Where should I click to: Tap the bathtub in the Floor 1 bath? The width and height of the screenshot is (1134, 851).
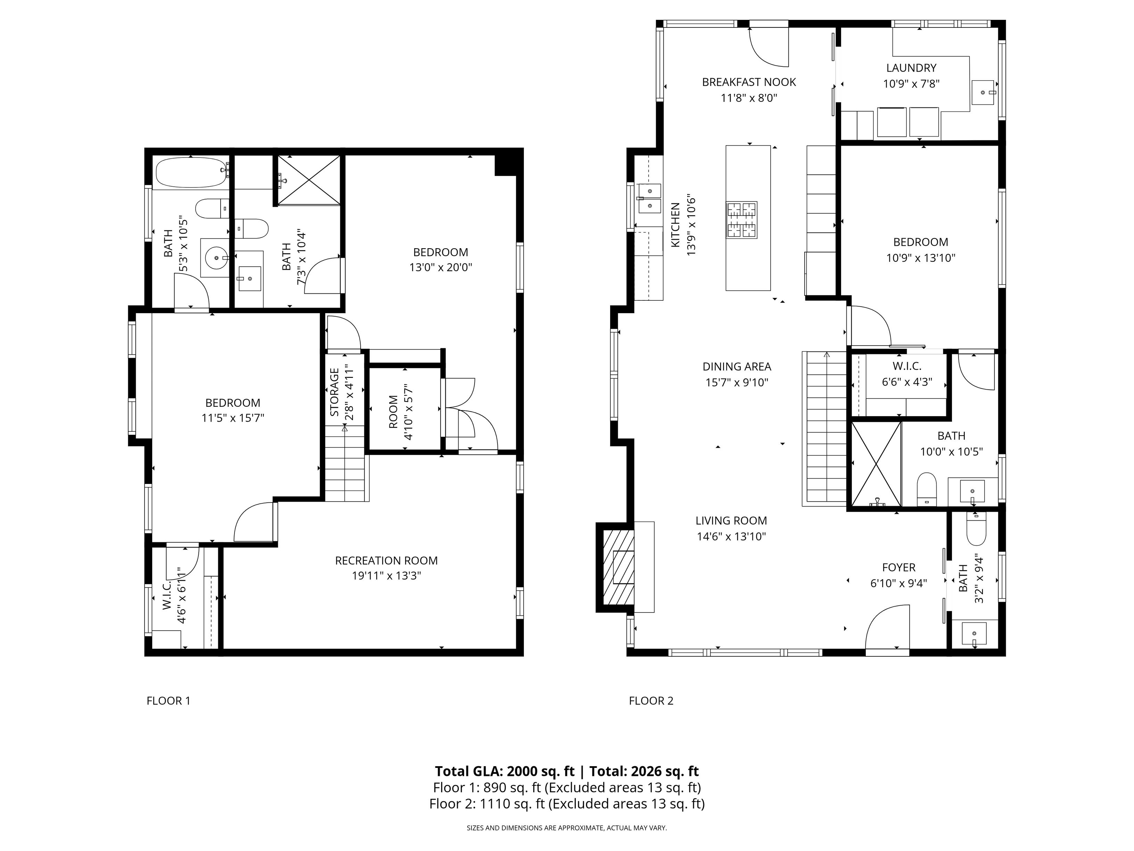pos(190,173)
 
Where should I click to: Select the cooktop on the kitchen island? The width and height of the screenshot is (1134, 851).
pos(741,220)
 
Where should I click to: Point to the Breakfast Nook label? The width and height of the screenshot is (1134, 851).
pos(748,82)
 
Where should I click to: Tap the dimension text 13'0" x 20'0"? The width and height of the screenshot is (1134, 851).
pos(441,267)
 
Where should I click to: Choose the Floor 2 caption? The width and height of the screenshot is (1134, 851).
pos(651,701)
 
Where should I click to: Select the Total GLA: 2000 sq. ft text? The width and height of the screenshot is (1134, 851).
pos(504,771)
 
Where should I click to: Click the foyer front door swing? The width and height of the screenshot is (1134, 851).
pos(887,629)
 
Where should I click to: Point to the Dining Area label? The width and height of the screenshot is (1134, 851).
pos(736,367)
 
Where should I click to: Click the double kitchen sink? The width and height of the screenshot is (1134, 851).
pos(649,198)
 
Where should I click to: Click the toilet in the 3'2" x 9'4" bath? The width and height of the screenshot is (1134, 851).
pos(976,530)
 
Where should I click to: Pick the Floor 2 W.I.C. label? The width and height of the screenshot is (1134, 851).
pos(906,366)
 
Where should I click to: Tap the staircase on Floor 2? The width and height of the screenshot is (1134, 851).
pos(826,428)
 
